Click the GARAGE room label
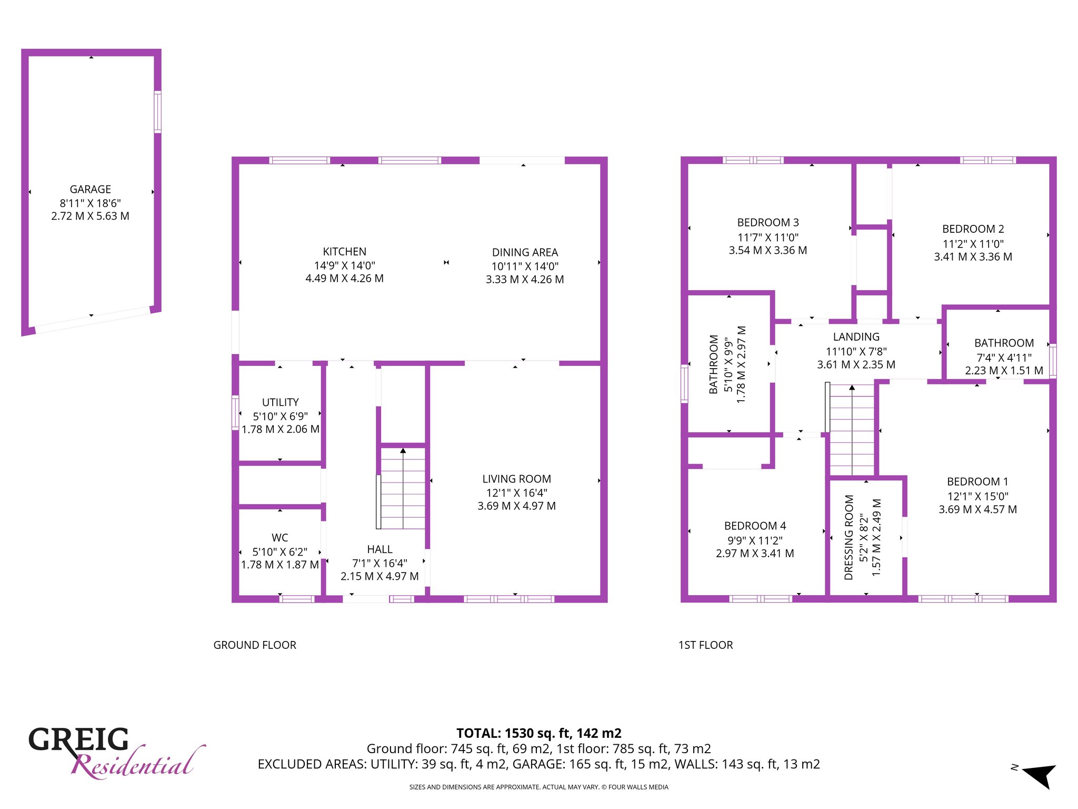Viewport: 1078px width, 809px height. pos(91,190)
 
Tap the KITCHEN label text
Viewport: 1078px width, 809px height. pos(345,252)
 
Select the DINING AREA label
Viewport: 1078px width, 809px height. pos(525,253)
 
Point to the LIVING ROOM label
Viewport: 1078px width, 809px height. pos(517,479)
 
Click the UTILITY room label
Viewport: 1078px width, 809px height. pos(281,402)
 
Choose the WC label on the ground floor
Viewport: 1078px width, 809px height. pos(280,538)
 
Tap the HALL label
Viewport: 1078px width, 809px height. pos(380,549)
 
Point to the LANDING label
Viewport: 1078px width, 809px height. pos(856,337)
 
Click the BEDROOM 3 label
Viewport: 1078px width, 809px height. pos(768,223)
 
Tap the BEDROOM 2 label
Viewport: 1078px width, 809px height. pos(973,229)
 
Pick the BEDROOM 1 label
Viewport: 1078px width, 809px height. pos(977,482)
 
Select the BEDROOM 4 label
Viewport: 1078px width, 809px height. pos(755,526)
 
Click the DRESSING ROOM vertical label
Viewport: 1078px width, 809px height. pos(849,538)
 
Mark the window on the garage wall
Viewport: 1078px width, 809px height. pos(157,112)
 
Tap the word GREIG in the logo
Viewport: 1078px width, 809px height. pos(78,739)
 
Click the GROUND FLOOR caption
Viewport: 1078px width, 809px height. pos(255,645)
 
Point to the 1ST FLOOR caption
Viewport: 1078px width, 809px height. pos(706,645)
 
